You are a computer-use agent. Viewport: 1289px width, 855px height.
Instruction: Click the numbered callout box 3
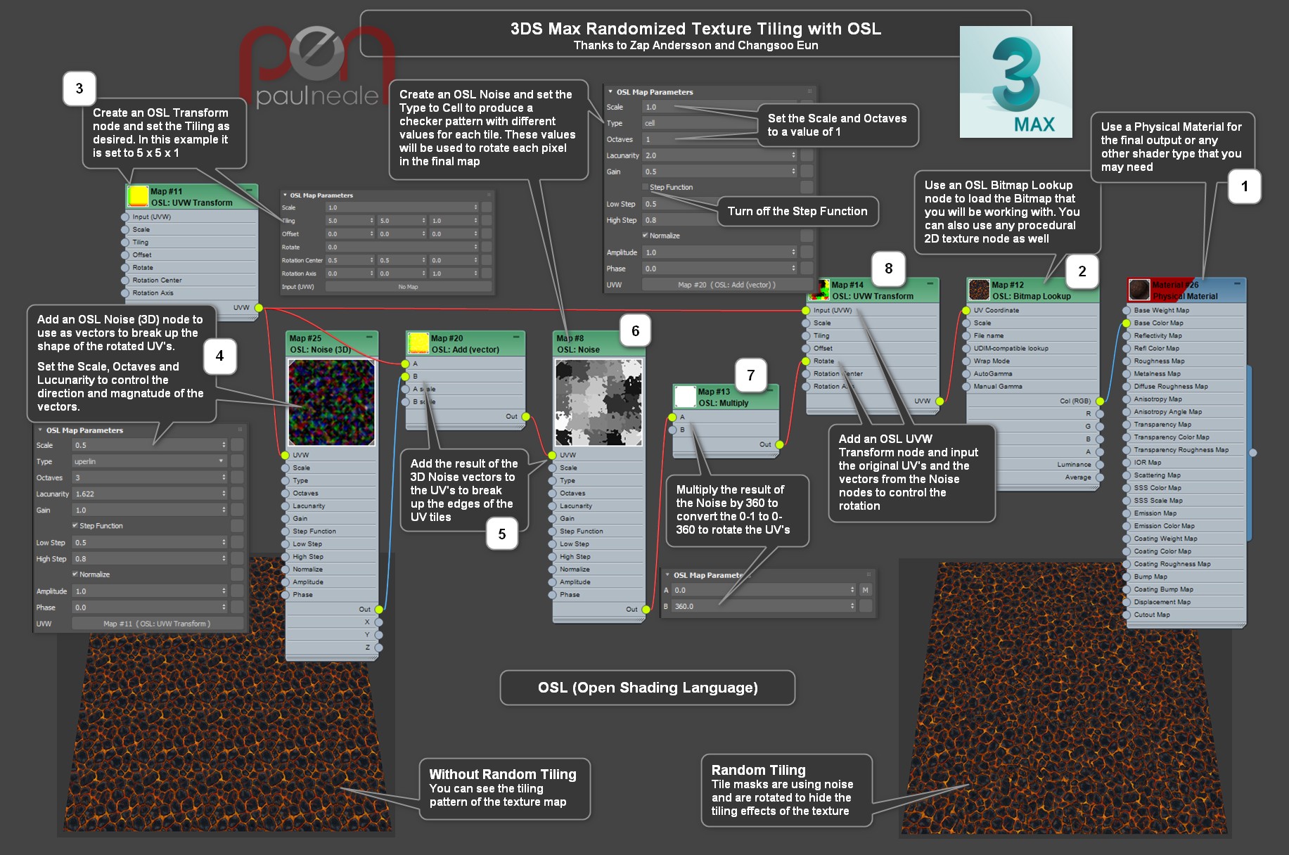[79, 89]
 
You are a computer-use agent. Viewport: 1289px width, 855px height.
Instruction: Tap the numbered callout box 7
[750, 375]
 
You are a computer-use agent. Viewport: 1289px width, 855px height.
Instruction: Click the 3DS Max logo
[1015, 82]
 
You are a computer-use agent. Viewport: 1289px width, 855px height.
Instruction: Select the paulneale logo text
[316, 96]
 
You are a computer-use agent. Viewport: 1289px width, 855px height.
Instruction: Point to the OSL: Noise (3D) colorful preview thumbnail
[331, 402]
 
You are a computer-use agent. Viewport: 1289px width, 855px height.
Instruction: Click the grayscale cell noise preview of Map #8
[598, 402]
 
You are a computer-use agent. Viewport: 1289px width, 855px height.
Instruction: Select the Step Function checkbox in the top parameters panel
[646, 187]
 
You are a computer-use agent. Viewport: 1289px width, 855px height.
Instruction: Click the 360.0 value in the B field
[759, 606]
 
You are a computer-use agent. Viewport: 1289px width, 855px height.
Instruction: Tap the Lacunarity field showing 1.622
[148, 494]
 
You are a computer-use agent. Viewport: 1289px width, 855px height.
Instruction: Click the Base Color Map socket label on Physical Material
[1158, 323]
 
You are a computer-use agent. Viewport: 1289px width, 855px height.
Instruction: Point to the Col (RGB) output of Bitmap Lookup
[1075, 401]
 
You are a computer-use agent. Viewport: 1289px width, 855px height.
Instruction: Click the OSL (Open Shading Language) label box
[647, 688]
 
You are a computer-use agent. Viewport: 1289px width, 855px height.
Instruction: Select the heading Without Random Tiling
[503, 774]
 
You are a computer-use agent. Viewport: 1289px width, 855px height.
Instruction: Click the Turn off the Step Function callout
[797, 212]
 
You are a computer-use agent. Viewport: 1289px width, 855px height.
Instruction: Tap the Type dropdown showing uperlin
[148, 461]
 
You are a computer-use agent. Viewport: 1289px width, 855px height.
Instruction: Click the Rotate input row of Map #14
[823, 361]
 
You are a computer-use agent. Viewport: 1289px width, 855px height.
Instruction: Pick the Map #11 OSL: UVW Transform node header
[191, 197]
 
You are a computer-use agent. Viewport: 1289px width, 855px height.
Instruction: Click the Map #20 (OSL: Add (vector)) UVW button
[726, 285]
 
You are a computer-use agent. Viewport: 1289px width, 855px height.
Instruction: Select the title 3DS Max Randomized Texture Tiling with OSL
[695, 29]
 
